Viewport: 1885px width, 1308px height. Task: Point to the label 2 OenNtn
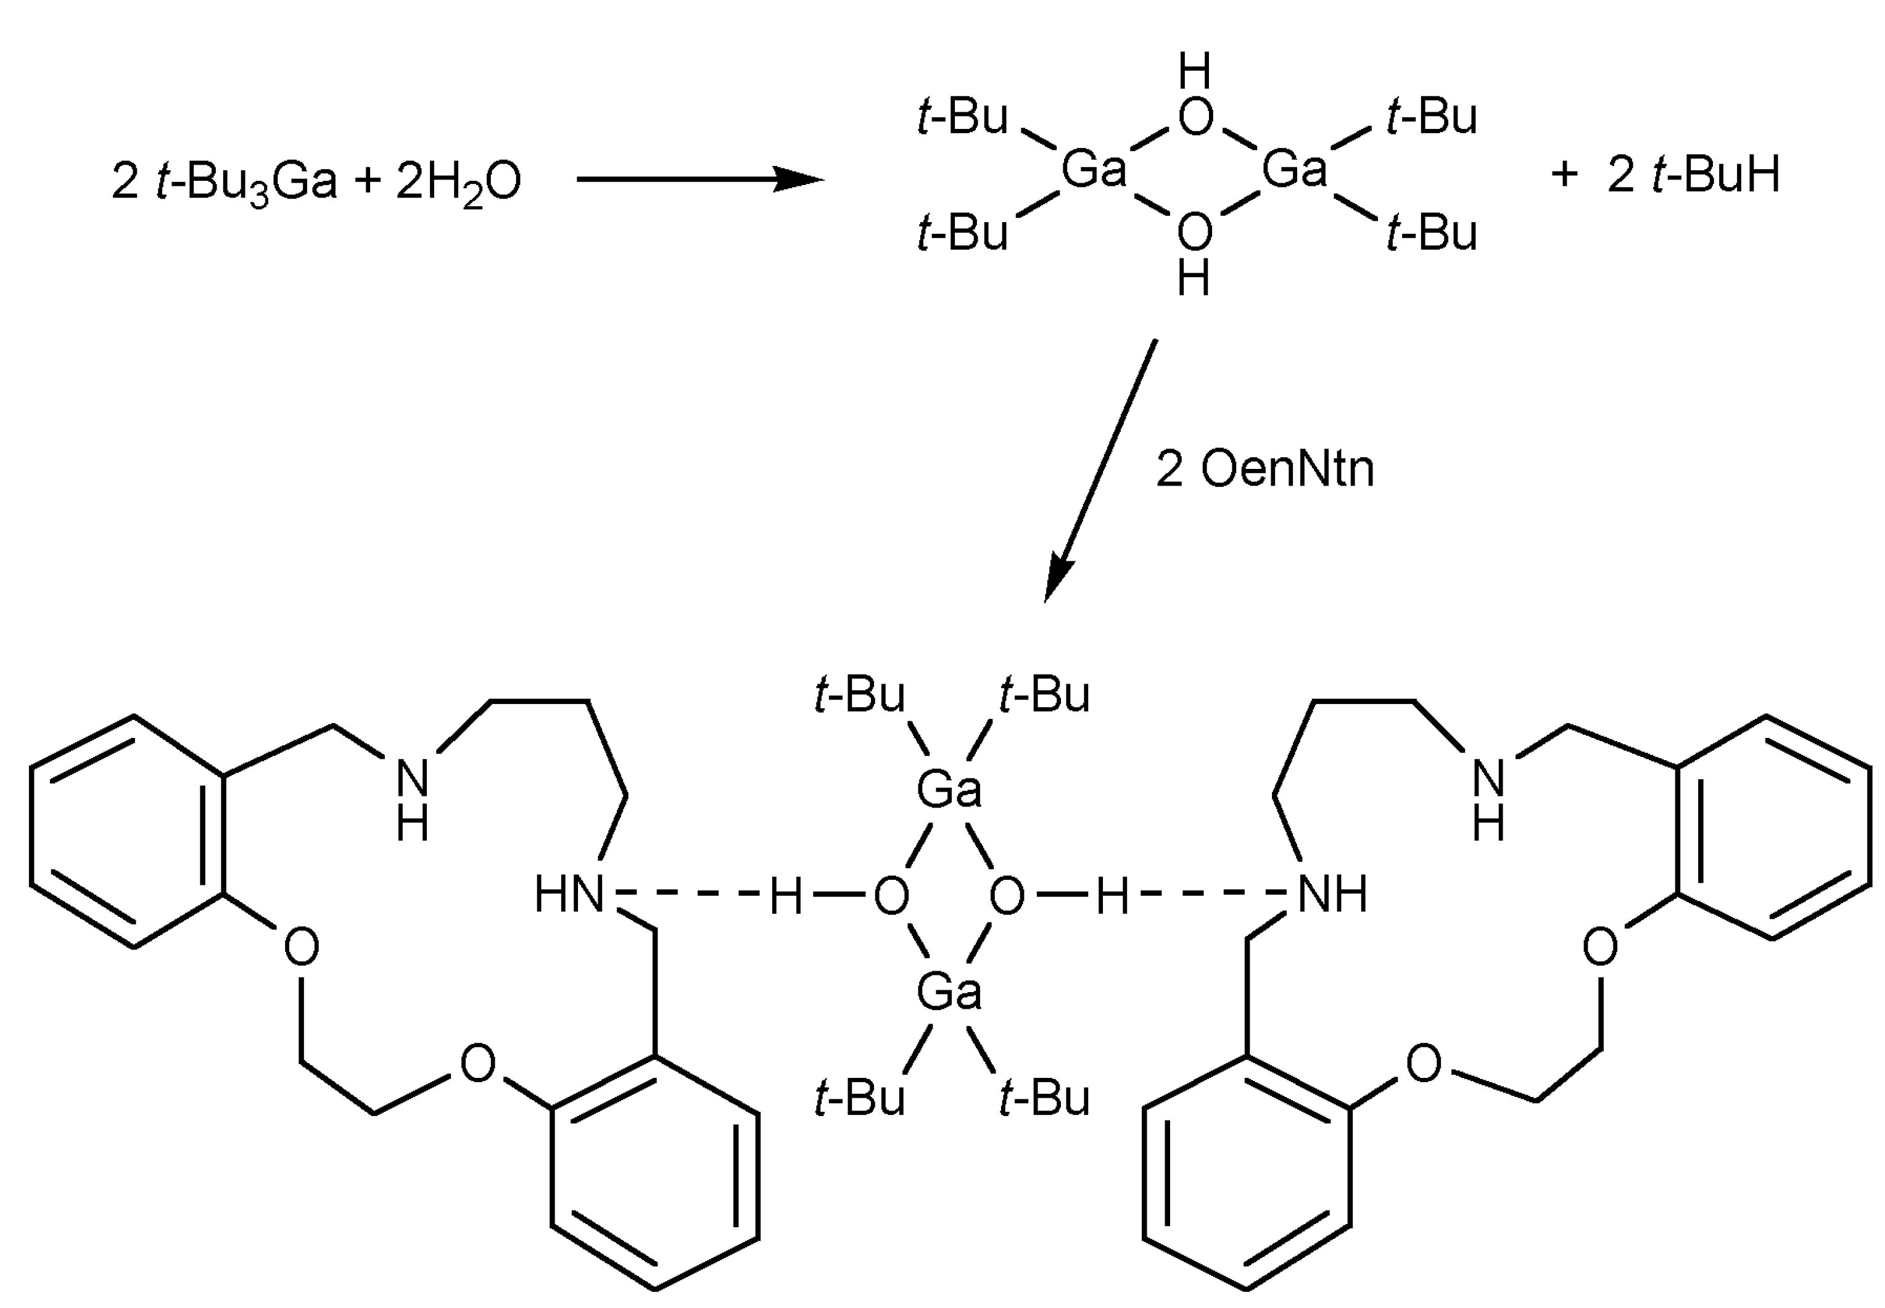click(x=1264, y=470)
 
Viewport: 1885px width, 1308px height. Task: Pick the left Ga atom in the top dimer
click(x=1094, y=170)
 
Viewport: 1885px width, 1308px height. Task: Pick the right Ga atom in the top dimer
click(x=1293, y=170)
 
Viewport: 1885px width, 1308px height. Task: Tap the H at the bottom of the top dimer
click(x=1193, y=279)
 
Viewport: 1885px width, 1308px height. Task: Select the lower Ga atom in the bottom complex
click(x=949, y=991)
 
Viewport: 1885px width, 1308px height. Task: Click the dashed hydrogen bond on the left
click(x=692, y=893)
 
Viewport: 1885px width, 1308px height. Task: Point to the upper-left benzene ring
click(x=127, y=832)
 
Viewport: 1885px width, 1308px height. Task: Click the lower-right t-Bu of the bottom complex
click(x=1044, y=1098)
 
